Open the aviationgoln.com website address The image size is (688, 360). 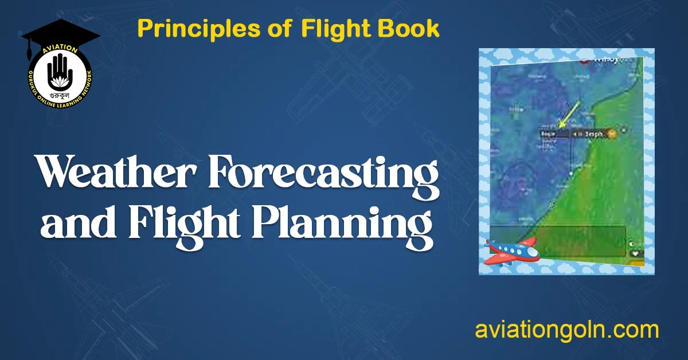click(566, 331)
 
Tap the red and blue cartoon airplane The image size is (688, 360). click(511, 250)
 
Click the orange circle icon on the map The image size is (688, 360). click(612, 133)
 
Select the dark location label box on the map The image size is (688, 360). click(554, 133)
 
